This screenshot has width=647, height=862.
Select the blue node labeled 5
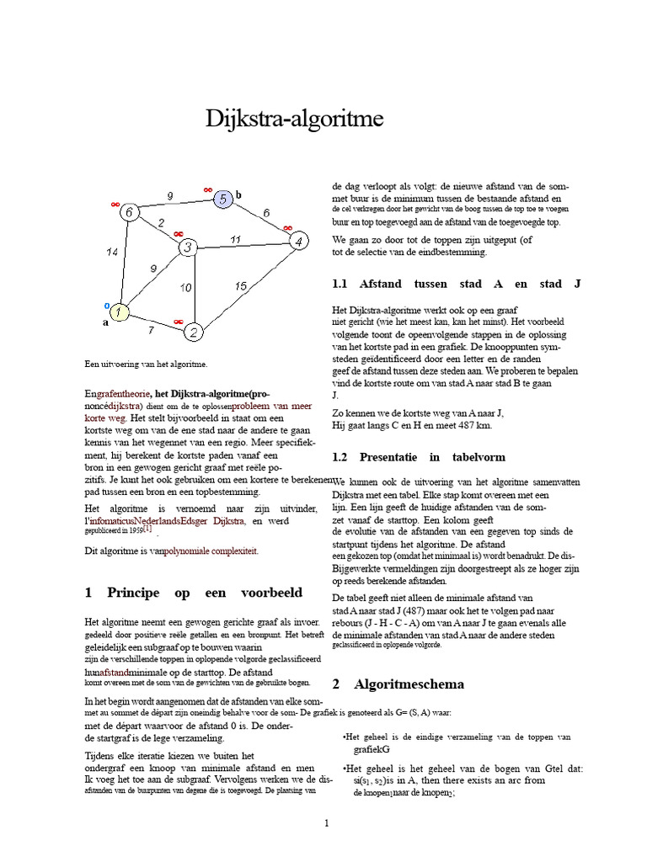tap(222, 199)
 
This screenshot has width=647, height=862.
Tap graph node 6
tap(129, 213)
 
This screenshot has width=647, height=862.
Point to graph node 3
tap(187, 247)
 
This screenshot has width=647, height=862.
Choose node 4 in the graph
tap(297, 242)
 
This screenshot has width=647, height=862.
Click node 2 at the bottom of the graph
tap(193, 333)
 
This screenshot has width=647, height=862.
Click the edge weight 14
tap(112, 252)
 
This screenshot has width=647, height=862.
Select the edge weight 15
tap(241, 286)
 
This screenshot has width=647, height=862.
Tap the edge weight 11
tap(236, 240)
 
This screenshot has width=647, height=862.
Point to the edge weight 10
tap(185, 287)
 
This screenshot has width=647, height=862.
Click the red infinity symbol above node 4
tap(287, 227)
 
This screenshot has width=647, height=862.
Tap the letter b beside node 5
tap(238, 194)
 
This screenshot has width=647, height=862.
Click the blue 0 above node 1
tap(106, 305)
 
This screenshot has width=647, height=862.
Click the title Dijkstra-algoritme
tap(294, 120)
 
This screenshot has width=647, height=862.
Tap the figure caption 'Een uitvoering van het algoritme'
tap(146, 364)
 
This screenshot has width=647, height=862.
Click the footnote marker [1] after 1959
tap(147, 529)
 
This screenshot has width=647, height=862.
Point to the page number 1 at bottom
tap(326, 822)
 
